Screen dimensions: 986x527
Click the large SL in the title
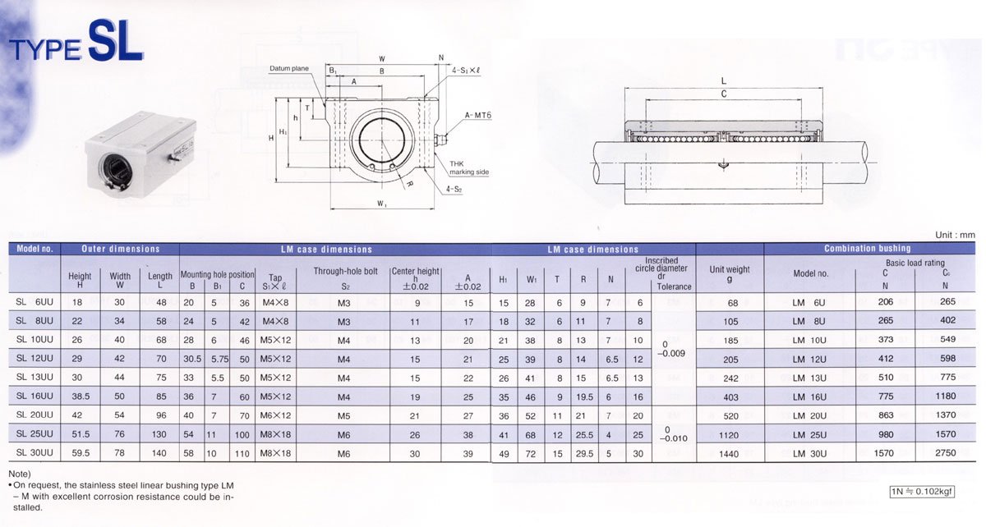pos(116,40)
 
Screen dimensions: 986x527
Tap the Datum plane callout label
pos(289,68)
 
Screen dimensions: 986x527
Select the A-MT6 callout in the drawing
pos(477,115)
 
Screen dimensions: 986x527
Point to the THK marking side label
pos(469,167)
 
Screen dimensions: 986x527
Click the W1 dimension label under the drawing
pos(381,204)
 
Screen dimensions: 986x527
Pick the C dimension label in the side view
pos(723,94)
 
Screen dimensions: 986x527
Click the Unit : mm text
pos(955,235)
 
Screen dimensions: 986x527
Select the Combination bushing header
pos(867,249)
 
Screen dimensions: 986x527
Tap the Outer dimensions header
pos(120,249)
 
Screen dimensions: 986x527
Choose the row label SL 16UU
pos(35,396)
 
